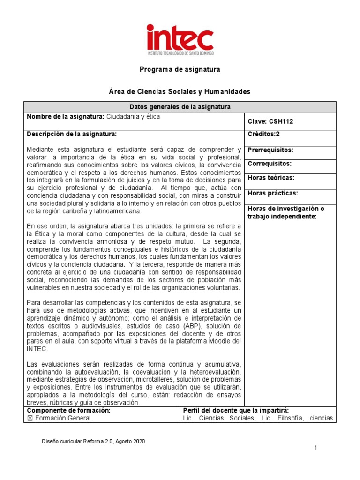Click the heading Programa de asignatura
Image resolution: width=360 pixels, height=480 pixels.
(180, 69)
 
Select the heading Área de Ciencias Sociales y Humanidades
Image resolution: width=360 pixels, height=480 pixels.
(180, 91)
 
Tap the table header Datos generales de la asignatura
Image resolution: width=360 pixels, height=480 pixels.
(180, 107)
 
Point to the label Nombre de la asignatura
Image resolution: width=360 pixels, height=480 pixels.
(65, 117)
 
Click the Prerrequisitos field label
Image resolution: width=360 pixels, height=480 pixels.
(270, 150)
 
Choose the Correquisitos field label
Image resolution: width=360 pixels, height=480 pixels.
(270, 164)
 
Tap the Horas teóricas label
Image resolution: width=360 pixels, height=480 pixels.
(271, 178)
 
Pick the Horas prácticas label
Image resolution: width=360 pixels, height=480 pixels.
(273, 193)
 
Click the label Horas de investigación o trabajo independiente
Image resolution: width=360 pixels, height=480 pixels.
(285, 212)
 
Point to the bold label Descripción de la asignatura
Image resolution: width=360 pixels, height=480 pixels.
(71, 134)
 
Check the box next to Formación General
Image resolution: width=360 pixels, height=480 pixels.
(30, 418)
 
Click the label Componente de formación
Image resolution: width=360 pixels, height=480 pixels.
(68, 410)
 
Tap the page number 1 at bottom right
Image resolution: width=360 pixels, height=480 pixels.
(316, 449)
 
